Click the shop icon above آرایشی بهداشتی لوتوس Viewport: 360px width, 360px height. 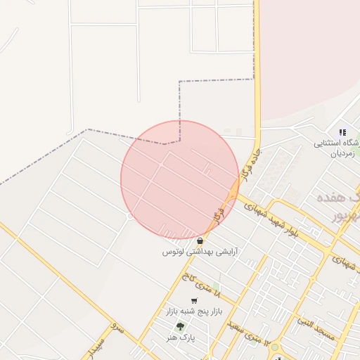coord(200,240)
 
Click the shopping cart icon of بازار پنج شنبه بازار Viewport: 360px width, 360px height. coord(194,301)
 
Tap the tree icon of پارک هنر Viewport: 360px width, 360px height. coord(180,327)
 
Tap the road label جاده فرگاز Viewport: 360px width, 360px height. coord(251,165)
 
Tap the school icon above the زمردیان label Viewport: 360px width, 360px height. coord(342,131)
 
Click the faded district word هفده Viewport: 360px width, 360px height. coord(338,200)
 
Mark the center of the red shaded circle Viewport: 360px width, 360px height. coord(180,179)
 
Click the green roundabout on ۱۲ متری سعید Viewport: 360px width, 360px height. coord(274,346)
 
